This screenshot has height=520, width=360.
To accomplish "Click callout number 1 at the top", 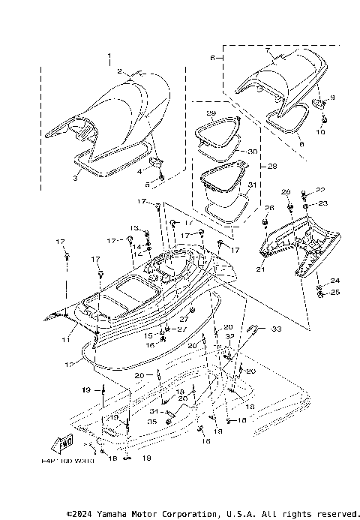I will click(x=109, y=56).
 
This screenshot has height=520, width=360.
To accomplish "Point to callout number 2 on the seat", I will click(x=120, y=71).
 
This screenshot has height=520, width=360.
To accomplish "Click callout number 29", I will click(x=211, y=113).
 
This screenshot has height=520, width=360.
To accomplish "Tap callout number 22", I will click(x=320, y=190).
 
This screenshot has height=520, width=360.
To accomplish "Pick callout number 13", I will click(x=135, y=227).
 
